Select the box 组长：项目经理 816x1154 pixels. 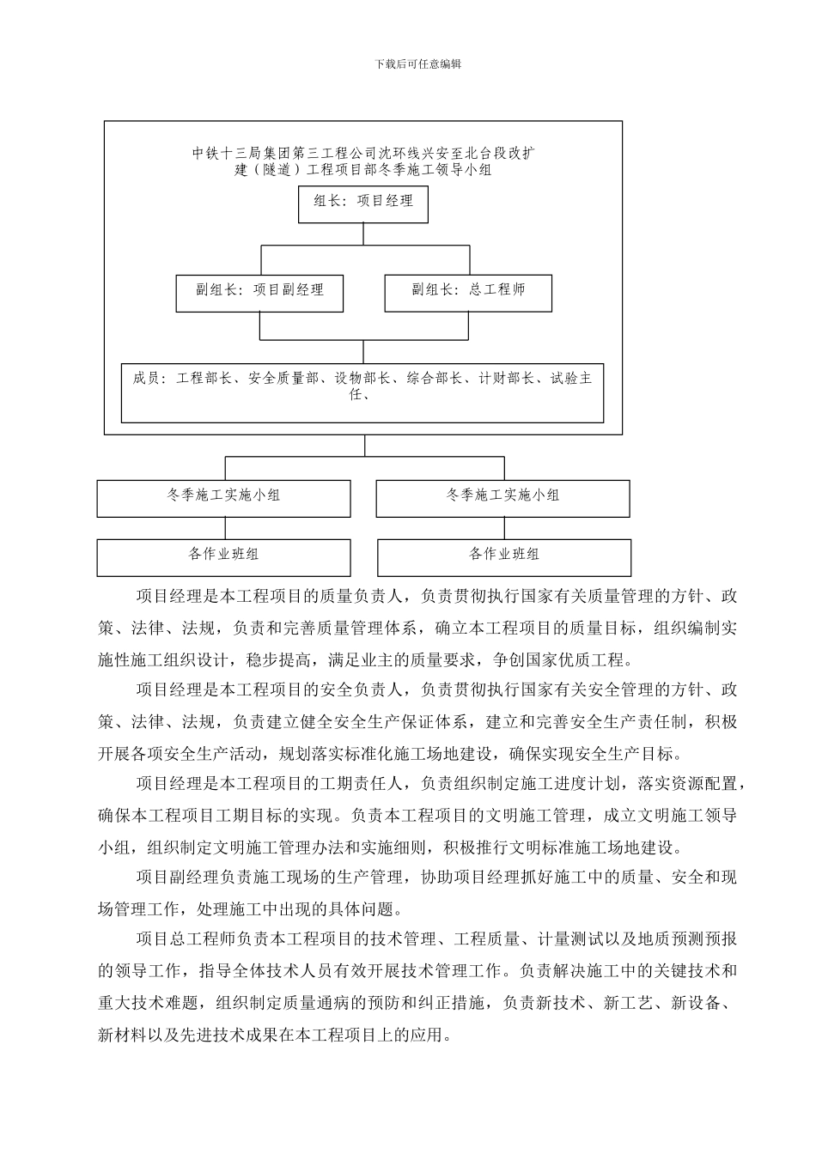point(363,203)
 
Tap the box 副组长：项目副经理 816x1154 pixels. point(259,292)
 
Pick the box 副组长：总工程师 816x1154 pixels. point(467,292)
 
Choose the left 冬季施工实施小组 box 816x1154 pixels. point(223,497)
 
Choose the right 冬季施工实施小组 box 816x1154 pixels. point(503,497)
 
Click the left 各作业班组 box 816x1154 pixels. point(223,556)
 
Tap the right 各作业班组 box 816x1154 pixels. point(504,556)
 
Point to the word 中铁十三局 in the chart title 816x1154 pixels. point(226,154)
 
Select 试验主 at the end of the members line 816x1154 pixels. point(571,379)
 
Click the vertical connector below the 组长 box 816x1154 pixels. point(363,234)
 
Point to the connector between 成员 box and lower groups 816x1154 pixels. point(364,446)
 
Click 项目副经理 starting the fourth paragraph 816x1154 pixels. point(179,878)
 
